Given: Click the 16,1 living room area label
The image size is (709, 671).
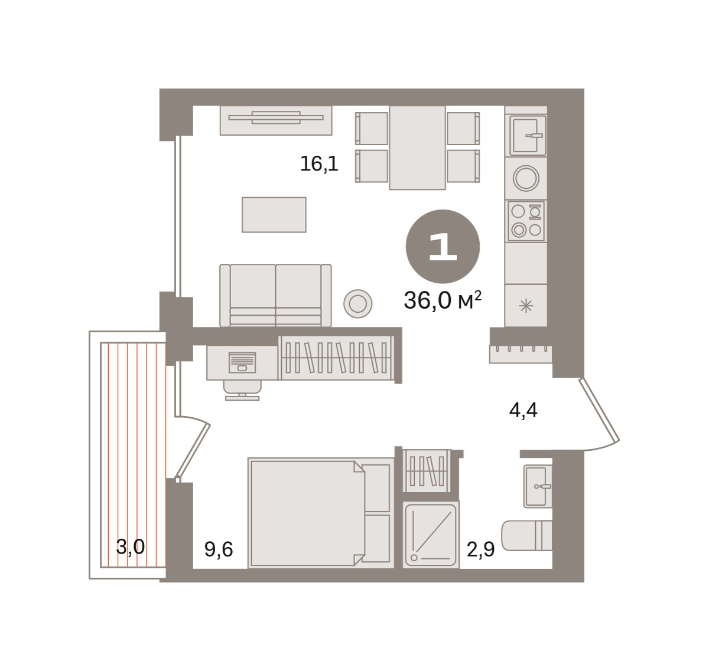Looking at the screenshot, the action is pyautogui.click(x=319, y=164).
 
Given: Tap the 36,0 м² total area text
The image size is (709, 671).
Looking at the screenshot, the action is pyautogui.click(x=443, y=300).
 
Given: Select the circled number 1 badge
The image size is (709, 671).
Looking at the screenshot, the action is pyautogui.click(x=443, y=247).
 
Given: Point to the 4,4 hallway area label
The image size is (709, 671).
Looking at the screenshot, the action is pyautogui.click(x=523, y=410).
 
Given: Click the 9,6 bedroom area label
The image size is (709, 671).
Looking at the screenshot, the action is pyautogui.click(x=219, y=549).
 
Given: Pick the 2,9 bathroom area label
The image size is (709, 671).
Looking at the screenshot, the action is pyautogui.click(x=481, y=549).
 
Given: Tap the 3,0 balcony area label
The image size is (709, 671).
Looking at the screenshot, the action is pyautogui.click(x=131, y=546).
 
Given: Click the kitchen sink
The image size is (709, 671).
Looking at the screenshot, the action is pyautogui.click(x=526, y=136).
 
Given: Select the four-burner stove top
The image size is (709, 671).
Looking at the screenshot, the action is pyautogui.click(x=526, y=221).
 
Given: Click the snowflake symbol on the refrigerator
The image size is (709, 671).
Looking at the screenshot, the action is pyautogui.click(x=526, y=306).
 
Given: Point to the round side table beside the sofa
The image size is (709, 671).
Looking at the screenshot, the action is pyautogui.click(x=357, y=304).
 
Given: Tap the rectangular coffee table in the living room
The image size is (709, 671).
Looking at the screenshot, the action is pyautogui.click(x=274, y=215).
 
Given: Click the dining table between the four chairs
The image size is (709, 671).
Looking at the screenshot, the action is pyautogui.click(x=417, y=148).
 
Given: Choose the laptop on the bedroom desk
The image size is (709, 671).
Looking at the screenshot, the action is pyautogui.click(x=242, y=362).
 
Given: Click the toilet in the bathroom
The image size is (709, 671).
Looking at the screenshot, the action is pyautogui.click(x=526, y=535).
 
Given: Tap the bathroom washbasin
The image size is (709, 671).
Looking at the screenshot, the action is pyautogui.click(x=537, y=486).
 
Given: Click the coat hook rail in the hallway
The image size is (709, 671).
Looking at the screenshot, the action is pyautogui.click(x=521, y=354).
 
